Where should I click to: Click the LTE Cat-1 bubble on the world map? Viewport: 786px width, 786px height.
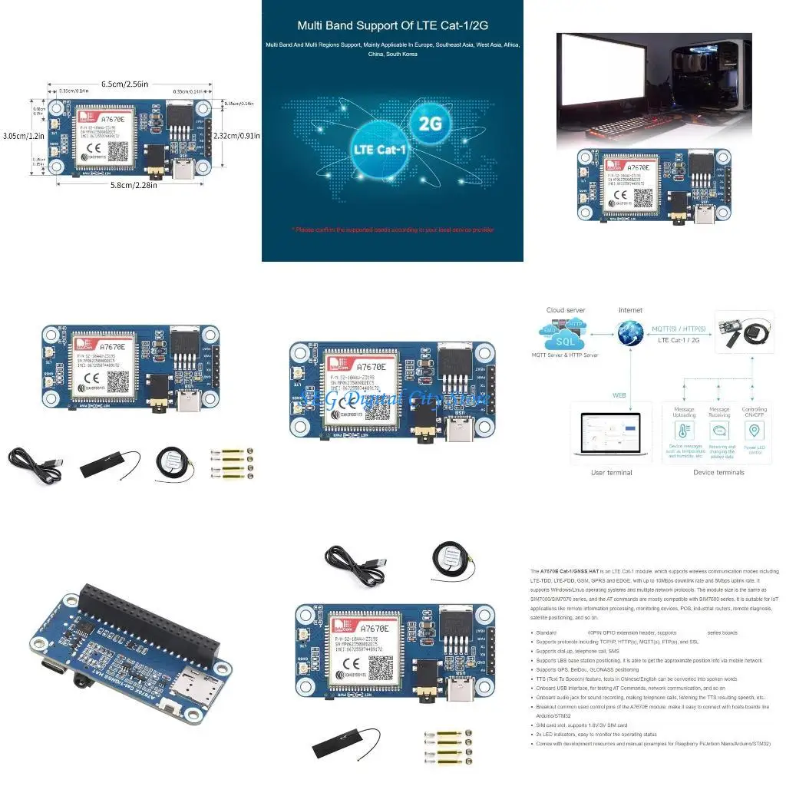click(x=378, y=150)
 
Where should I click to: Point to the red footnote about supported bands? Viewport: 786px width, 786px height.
click(x=392, y=229)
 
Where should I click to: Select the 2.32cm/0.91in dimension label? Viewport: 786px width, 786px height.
click(x=237, y=135)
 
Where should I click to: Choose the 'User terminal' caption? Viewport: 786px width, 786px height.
click(x=611, y=472)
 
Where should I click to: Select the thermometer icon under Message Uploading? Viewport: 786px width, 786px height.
click(x=684, y=431)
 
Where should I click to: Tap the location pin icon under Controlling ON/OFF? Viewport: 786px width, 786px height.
click(x=755, y=431)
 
